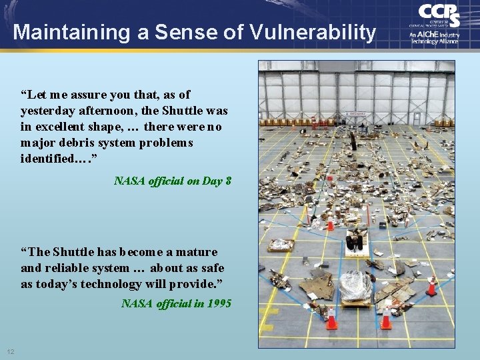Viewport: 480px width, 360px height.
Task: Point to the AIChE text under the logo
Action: tap(427, 35)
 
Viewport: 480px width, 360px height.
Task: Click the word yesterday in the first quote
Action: tap(49, 111)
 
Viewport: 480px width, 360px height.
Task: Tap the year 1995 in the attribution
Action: tap(219, 303)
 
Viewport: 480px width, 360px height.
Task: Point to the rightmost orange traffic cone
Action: tap(431, 287)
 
